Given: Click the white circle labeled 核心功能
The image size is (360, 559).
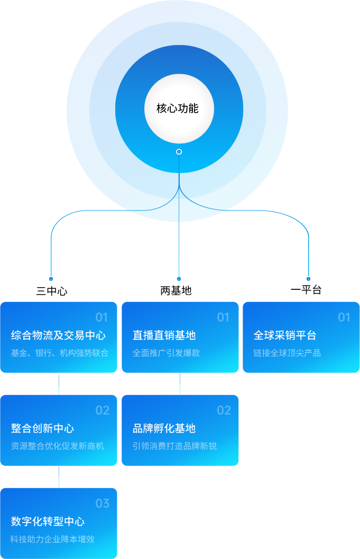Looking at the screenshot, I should point(179,108).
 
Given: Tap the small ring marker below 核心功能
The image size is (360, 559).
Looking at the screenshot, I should point(179,152).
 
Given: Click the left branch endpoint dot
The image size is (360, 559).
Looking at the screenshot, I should point(51,279).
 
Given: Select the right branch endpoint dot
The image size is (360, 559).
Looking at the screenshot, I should point(308,279).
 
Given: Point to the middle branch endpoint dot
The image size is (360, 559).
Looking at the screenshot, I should point(179,279).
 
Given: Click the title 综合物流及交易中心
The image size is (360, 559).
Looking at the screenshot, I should point(58,335).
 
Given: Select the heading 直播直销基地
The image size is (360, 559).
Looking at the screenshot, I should point(164,335).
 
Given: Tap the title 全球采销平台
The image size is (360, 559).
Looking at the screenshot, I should point(285,335).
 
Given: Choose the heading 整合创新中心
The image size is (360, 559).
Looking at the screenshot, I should point(42,428).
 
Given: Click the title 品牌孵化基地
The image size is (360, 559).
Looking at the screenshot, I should point(164,428).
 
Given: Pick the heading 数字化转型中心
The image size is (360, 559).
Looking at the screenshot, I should point(48,521).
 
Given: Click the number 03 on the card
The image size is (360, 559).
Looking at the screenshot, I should point(103,503).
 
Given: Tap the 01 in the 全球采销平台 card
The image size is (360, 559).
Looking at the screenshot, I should point(344,317).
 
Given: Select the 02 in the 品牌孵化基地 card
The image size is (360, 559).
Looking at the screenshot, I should point(224,410).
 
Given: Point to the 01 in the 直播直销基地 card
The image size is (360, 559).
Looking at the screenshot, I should point(223,317).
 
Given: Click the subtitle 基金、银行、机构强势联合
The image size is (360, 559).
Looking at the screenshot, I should point(59,353).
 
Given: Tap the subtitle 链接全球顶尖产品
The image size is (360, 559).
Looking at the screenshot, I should point(287,353).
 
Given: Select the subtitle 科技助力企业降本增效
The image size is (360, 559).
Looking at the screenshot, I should point(52,539).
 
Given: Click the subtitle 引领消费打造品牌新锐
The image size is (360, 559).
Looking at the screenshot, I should point(174,446).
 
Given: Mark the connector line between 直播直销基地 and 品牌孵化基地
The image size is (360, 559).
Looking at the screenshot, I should point(180,384).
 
